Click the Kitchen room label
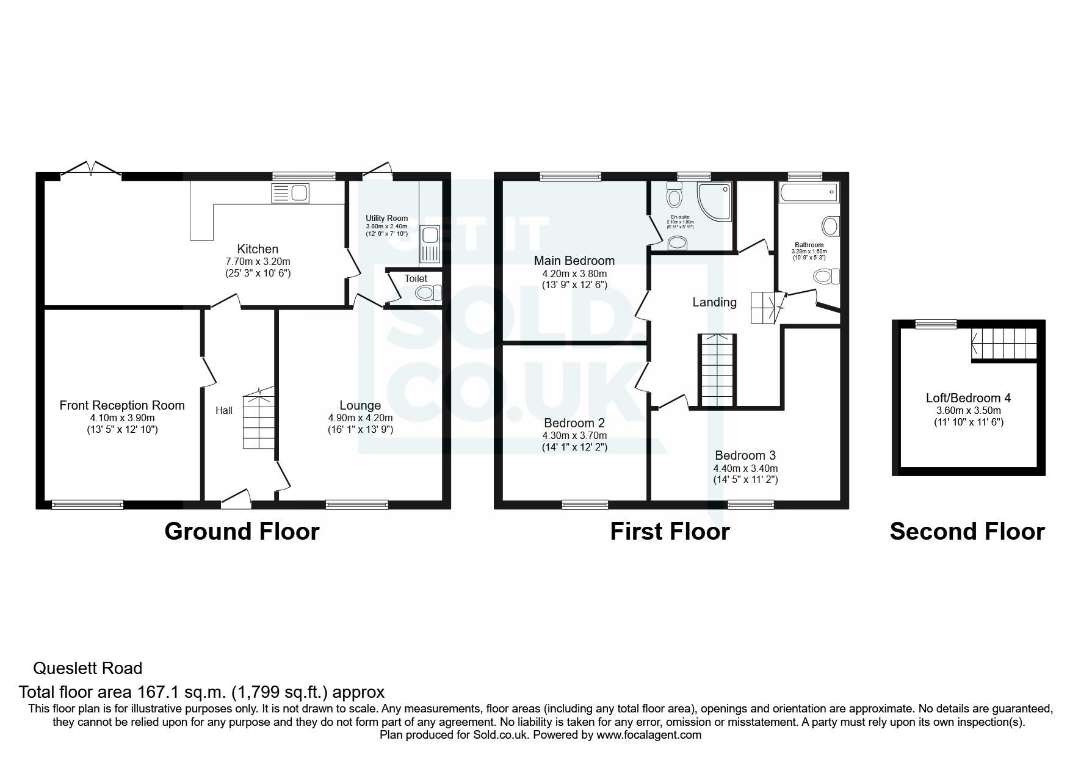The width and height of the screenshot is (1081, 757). click(x=258, y=249)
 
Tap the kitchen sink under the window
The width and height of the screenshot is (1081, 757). click(x=290, y=194)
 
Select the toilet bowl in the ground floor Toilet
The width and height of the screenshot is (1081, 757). click(x=428, y=294)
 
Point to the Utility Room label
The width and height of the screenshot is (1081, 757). click(x=386, y=219)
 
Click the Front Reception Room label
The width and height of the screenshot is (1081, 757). click(x=122, y=405)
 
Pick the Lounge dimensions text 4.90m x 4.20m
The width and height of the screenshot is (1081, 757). click(x=360, y=418)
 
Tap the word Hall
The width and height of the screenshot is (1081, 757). click(x=224, y=411)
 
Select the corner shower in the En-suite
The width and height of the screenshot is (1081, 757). click(x=714, y=201)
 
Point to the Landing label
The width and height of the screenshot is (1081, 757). click(x=714, y=302)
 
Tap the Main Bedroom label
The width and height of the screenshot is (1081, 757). click(x=574, y=261)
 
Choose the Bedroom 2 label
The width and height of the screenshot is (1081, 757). click(x=574, y=423)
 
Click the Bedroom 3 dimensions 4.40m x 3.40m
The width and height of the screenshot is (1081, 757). click(x=745, y=469)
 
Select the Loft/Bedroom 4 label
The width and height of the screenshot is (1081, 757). click(x=968, y=398)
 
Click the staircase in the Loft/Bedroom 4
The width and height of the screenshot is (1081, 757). click(x=1003, y=343)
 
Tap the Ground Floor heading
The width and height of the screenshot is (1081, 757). click(x=242, y=532)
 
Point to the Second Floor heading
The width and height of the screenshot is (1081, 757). click(x=967, y=532)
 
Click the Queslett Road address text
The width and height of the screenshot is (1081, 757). click(x=87, y=668)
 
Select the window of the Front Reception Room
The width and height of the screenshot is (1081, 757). click(x=87, y=504)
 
